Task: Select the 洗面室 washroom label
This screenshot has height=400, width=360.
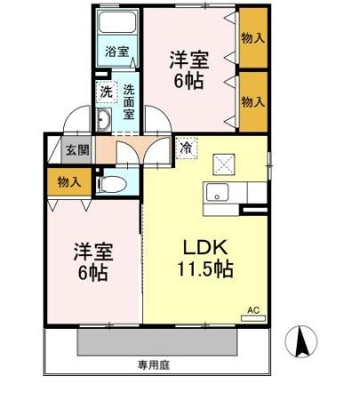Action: [x=128, y=101]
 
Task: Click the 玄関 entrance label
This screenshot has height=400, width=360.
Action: [x=76, y=148]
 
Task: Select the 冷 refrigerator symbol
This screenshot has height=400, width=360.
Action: [x=186, y=148]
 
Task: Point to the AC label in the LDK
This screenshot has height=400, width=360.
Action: [x=252, y=310]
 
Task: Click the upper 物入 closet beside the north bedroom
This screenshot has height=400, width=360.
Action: [x=252, y=38]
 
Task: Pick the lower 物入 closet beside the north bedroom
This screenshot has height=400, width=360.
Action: [x=252, y=101]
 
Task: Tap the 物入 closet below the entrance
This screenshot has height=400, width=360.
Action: [x=69, y=182]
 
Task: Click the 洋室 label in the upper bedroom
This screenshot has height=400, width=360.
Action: [x=189, y=60]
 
